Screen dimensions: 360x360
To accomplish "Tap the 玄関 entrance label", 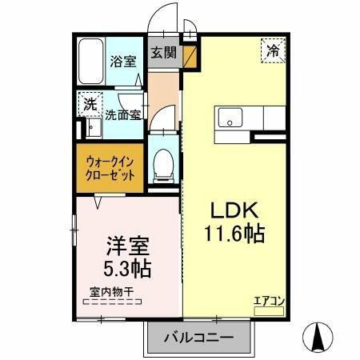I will click(164, 54).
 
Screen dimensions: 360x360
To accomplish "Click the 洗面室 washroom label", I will click(123, 114).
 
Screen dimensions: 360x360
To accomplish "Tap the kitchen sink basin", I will click(230, 119).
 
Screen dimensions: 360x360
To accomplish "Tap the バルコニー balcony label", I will click(198, 338).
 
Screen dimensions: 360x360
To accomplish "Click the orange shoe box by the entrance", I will click(189, 56).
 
